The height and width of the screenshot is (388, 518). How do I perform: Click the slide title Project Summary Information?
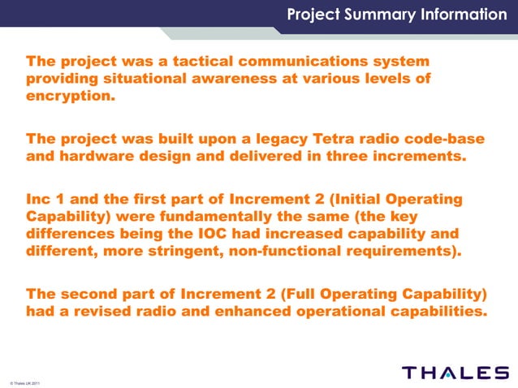396,15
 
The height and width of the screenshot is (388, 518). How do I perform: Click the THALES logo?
455,373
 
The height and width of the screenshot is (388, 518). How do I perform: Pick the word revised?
96,310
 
